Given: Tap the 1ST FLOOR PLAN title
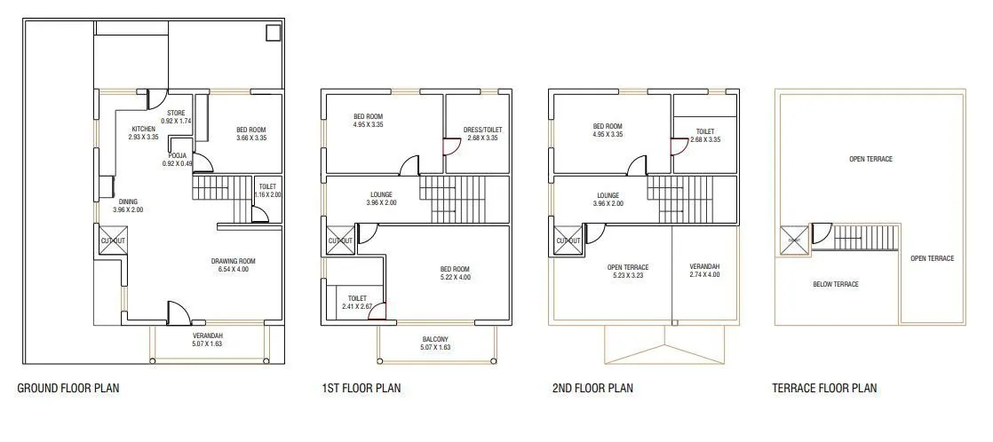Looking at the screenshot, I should pyautogui.click(x=361, y=388).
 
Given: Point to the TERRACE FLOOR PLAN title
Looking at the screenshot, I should pyautogui.click(x=824, y=388).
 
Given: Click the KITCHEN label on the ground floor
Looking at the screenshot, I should pyautogui.click(x=143, y=129).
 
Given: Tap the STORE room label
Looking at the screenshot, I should pyautogui.click(x=176, y=112).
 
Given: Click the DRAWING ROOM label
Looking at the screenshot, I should pyautogui.click(x=234, y=261).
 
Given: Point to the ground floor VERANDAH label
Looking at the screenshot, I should pyautogui.click(x=208, y=335).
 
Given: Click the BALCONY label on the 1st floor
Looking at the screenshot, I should pyautogui.click(x=435, y=339).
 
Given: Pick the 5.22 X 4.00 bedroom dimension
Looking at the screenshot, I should pyautogui.click(x=455, y=278).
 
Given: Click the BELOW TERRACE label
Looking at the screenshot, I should pyautogui.click(x=836, y=284).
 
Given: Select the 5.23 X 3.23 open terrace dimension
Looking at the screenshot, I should pyautogui.click(x=628, y=276).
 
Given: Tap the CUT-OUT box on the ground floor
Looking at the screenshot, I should pyautogui.click(x=112, y=241).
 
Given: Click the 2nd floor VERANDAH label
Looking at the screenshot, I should pyautogui.click(x=704, y=266).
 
